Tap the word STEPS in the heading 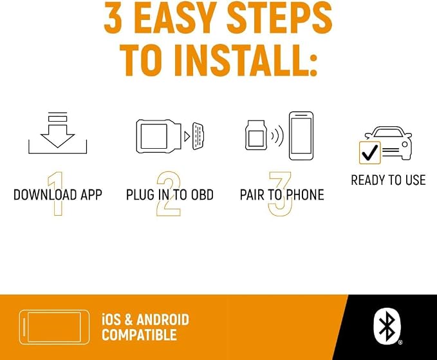pyautogui.click(x=279, y=17)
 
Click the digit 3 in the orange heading pyautogui.click(x=113, y=17)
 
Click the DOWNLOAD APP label pyautogui.click(x=58, y=194)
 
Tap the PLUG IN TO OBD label pyautogui.click(x=170, y=194)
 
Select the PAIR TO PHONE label pyautogui.click(x=282, y=194)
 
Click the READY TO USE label pyautogui.click(x=388, y=180)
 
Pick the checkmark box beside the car pyautogui.click(x=370, y=153)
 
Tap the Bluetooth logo pyautogui.click(x=387, y=327)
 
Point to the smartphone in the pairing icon pyautogui.click(x=301, y=136)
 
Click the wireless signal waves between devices pyautogui.click(x=277, y=136)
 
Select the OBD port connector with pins pyautogui.click(x=198, y=136)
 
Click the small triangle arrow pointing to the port pyautogui.click(x=187, y=136)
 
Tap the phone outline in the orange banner pyautogui.click(x=54, y=327)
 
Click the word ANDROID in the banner pyautogui.click(x=163, y=319)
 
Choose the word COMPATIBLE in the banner pyautogui.click(x=140, y=335)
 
